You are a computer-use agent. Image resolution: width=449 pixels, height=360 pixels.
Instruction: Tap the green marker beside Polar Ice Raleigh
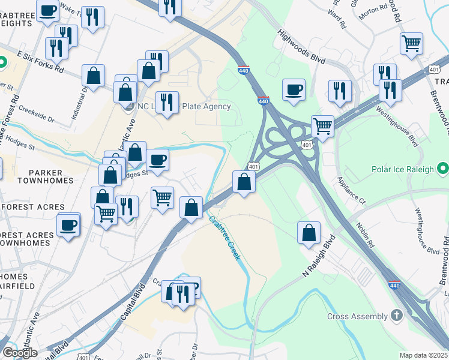(x=442, y=168)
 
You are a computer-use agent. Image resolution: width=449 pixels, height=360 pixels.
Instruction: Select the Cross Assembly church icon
(x=396, y=315)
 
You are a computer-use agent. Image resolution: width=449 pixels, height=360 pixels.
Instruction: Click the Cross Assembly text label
(x=357, y=316)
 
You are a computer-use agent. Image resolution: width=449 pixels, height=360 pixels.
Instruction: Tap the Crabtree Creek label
(x=224, y=238)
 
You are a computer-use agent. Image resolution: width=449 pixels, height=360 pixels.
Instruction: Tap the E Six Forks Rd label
(x=40, y=61)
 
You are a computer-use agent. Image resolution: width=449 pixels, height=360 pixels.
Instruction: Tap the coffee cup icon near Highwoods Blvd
(x=294, y=89)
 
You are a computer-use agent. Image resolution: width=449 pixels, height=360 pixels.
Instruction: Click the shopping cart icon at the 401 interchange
(x=323, y=126)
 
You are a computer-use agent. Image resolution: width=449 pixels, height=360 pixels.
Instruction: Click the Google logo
(x=20, y=352)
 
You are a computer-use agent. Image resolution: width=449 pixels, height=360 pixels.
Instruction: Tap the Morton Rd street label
(x=374, y=10)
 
